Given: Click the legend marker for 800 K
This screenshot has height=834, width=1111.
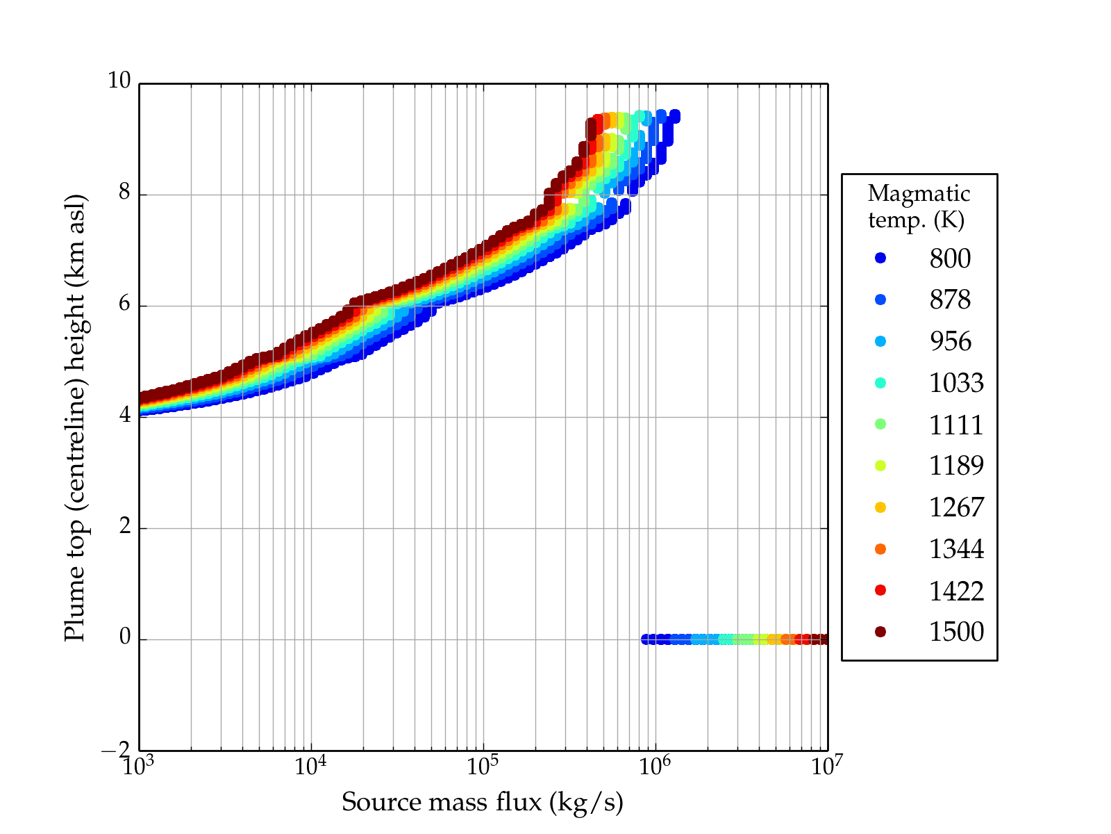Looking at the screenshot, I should (880, 258).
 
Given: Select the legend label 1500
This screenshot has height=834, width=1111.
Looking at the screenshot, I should (956, 632).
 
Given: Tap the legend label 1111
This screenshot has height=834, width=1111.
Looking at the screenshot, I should (956, 425).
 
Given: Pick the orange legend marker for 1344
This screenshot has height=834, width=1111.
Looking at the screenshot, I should (880, 549).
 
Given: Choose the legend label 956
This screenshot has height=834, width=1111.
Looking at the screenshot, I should (950, 341).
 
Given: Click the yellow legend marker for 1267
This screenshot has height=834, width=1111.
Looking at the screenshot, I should (880, 507).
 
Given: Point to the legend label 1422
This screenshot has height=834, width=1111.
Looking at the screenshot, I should (956, 591).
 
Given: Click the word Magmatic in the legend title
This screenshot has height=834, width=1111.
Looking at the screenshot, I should (919, 193).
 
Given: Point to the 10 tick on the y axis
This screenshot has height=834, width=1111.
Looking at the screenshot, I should (119, 81).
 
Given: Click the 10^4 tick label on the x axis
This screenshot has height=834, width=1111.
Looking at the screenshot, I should (310, 766).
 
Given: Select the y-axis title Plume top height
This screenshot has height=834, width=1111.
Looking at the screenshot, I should (74, 417).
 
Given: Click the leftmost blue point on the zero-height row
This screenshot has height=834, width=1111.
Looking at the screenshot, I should (646, 639).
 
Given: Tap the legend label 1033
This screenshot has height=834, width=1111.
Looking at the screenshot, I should (956, 383).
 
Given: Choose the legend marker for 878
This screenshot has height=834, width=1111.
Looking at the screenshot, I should (880, 300).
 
